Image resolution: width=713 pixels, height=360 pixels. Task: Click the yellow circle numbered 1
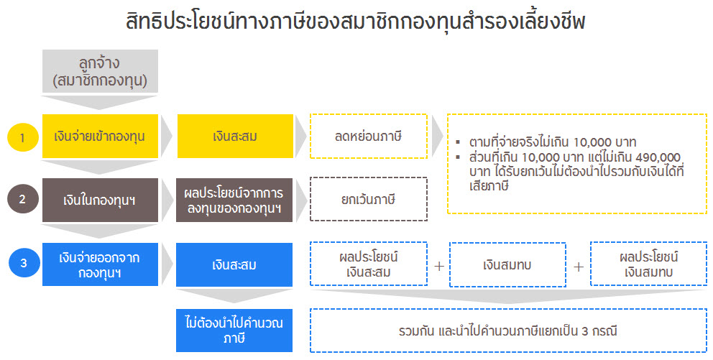(23, 137)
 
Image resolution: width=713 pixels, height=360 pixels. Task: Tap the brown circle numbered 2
(23, 199)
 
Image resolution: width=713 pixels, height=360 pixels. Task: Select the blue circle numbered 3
(24, 263)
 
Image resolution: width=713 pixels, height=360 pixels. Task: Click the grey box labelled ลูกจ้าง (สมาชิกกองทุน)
(100, 71)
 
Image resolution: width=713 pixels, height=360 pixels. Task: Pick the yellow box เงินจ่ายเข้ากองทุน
(100, 137)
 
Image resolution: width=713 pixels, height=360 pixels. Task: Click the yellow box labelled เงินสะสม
(235, 137)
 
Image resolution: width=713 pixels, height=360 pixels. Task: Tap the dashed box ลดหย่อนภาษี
(369, 137)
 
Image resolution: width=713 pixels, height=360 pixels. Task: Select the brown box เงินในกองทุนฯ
(100, 200)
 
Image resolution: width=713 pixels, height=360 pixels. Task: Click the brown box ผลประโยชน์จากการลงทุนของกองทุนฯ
(234, 200)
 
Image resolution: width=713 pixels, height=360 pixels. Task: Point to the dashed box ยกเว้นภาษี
(369, 199)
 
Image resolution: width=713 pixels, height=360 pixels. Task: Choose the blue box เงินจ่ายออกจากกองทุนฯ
(100, 264)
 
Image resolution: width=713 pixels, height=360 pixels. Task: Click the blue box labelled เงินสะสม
(234, 264)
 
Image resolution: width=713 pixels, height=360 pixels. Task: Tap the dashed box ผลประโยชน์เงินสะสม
(369, 264)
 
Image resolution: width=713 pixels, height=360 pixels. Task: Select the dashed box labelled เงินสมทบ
(508, 264)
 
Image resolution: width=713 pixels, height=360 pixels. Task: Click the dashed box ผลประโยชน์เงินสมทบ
(649, 264)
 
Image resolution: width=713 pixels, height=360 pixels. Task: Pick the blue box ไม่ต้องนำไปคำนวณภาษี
(234, 331)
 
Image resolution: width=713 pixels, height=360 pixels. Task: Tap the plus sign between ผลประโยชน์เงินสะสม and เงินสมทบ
(439, 266)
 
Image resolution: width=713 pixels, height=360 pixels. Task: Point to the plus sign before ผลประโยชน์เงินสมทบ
(579, 267)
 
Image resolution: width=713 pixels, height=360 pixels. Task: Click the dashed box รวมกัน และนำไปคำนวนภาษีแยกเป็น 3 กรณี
(508, 331)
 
